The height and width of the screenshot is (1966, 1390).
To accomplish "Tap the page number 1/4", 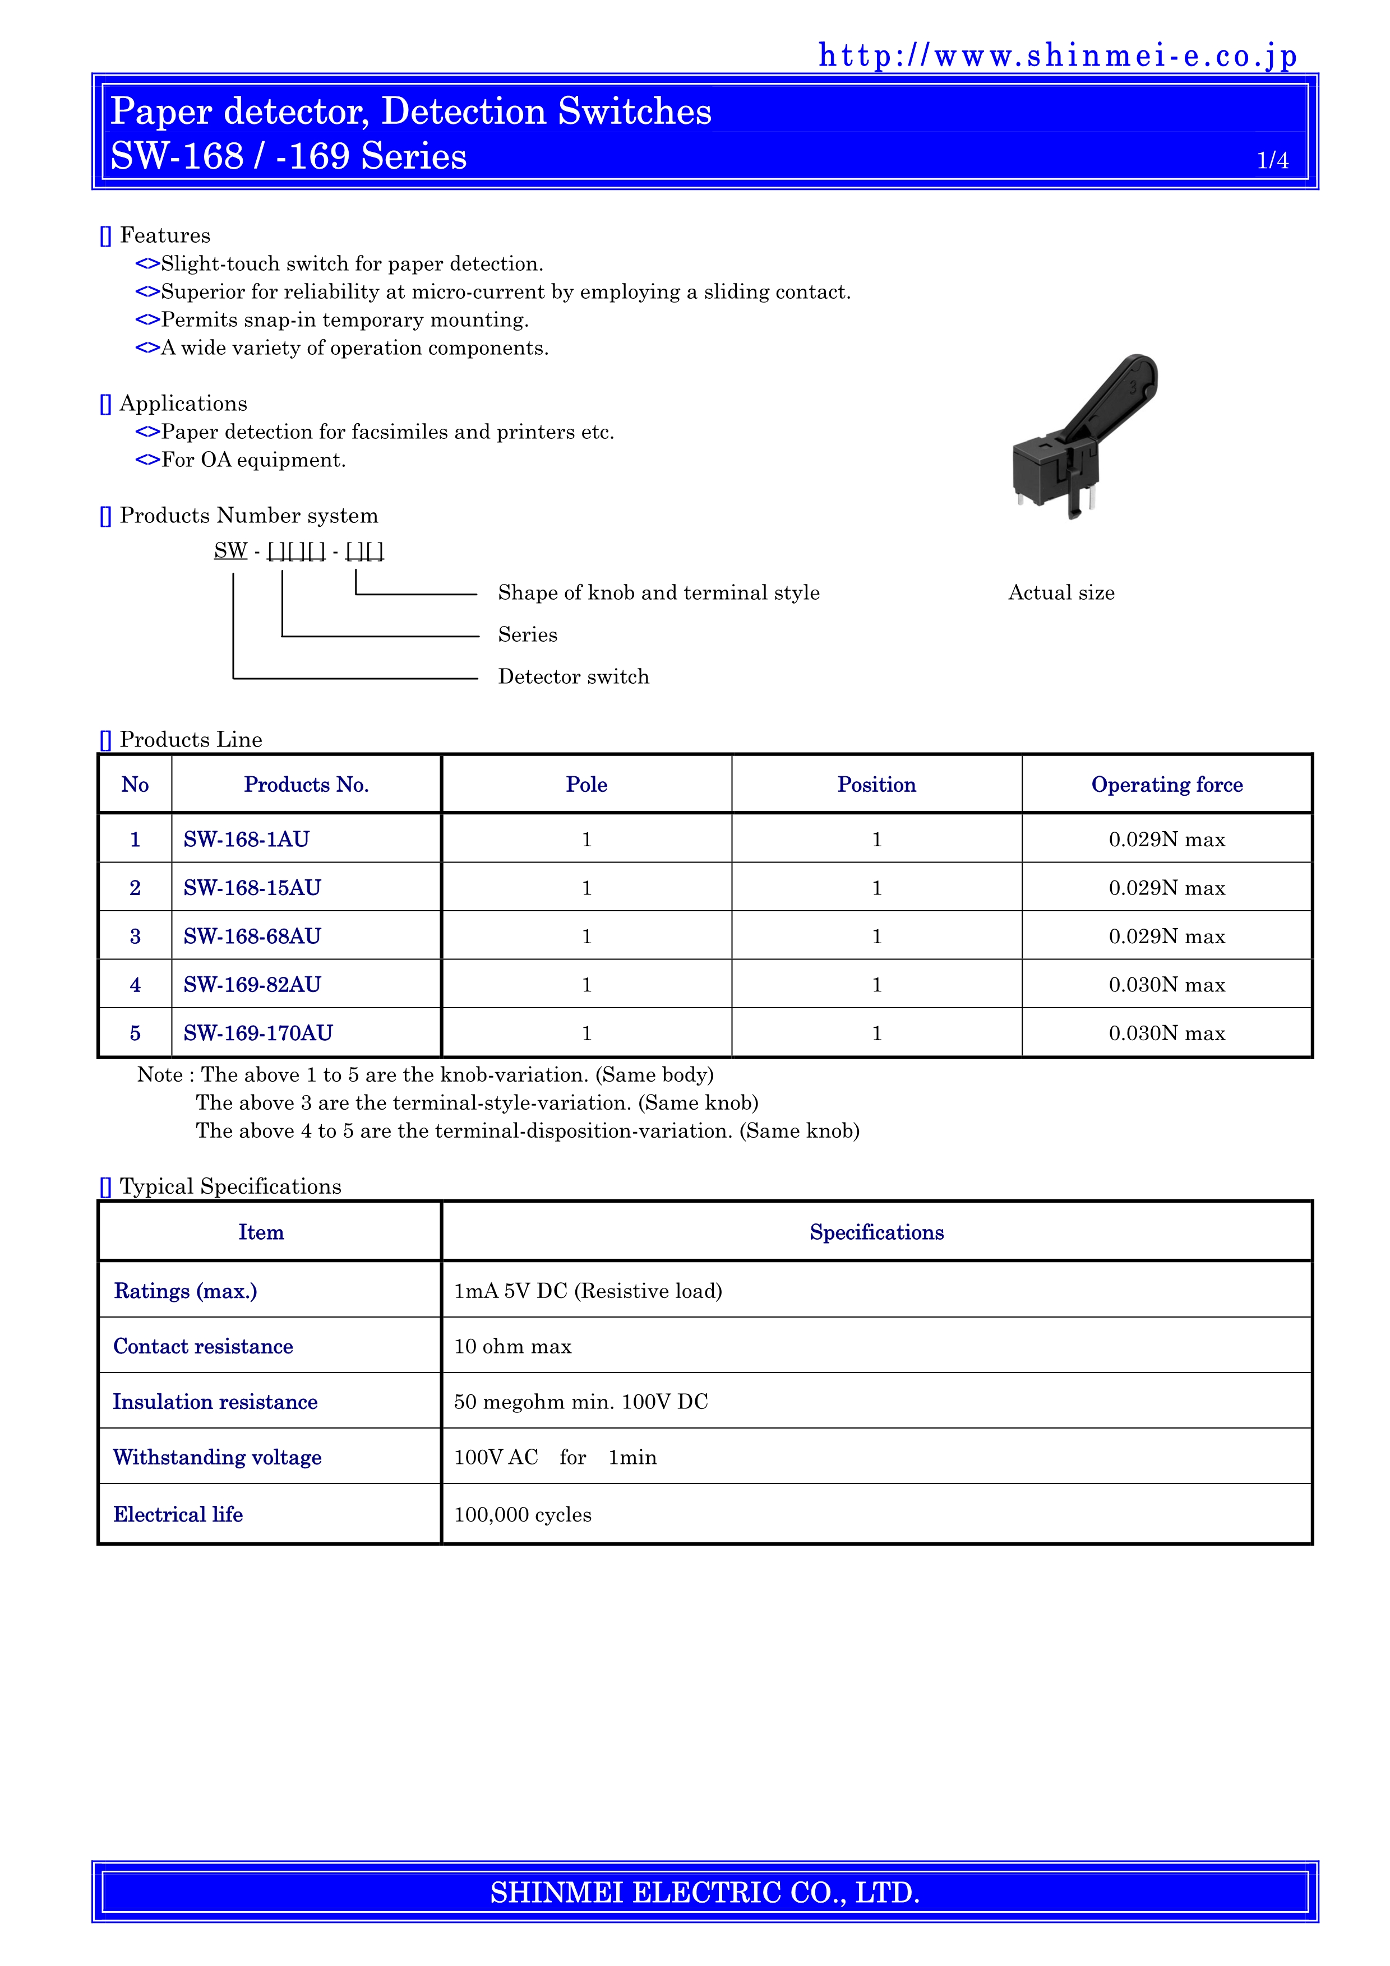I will tap(1272, 160).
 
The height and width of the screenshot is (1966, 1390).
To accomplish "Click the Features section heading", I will tap(164, 235).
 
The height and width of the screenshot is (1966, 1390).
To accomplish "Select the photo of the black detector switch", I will tap(1083, 436).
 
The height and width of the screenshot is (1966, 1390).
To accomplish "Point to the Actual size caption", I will tap(1061, 592).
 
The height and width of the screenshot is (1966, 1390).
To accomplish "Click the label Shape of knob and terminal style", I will tap(658, 592).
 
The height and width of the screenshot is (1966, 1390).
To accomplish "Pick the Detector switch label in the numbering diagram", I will tap(573, 676).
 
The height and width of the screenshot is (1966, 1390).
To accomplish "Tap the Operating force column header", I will tap(1166, 785).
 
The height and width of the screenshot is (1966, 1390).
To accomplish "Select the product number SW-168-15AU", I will tap(252, 888).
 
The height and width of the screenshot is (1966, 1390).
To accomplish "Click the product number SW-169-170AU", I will tap(258, 1033).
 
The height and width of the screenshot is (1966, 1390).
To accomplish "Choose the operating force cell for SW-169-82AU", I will tap(1166, 985).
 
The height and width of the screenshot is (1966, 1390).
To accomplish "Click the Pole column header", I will tap(587, 785).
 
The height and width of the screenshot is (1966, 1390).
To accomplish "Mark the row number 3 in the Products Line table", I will tap(135, 936).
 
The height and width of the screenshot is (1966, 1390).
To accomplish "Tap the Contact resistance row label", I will tap(203, 1346).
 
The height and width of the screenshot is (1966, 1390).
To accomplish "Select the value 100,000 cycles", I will tap(523, 1515).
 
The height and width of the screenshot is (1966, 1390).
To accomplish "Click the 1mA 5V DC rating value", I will tap(588, 1291).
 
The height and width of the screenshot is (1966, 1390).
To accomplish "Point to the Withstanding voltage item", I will tap(218, 1457).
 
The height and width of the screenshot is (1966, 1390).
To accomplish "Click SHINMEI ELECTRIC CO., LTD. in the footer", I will tap(705, 1891).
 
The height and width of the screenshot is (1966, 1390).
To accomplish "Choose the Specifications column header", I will tap(876, 1232).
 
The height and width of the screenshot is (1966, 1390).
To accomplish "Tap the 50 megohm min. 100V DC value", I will tap(581, 1402).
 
